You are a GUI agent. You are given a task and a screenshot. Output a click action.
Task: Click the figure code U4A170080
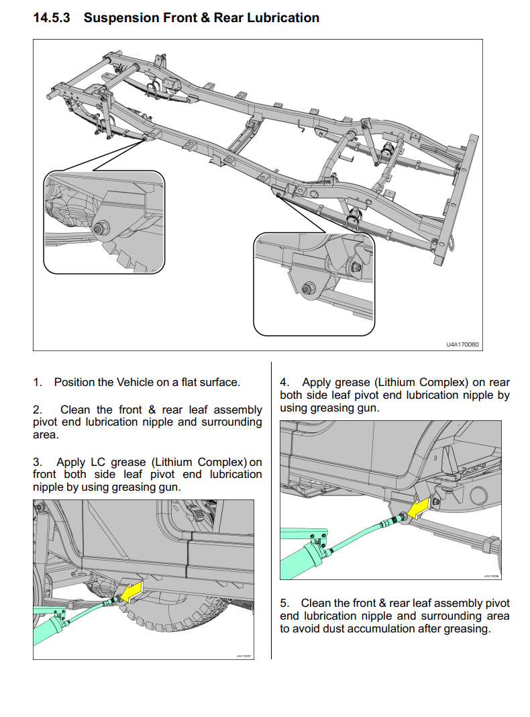[462, 344]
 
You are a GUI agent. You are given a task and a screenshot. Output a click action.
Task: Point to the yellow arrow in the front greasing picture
[133, 590]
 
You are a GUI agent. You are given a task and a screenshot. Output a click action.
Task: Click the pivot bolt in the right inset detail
[308, 289]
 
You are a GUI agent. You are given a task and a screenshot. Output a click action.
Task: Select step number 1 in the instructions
[38, 382]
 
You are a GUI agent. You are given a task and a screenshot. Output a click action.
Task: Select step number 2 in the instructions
[38, 410]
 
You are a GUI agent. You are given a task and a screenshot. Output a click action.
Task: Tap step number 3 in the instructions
[38, 462]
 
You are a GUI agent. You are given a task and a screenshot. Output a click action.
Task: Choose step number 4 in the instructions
[284, 382]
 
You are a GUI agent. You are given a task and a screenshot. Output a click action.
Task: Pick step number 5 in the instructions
[284, 603]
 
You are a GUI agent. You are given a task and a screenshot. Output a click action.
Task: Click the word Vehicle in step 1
[136, 382]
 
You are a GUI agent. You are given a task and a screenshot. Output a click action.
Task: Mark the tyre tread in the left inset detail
[125, 258]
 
